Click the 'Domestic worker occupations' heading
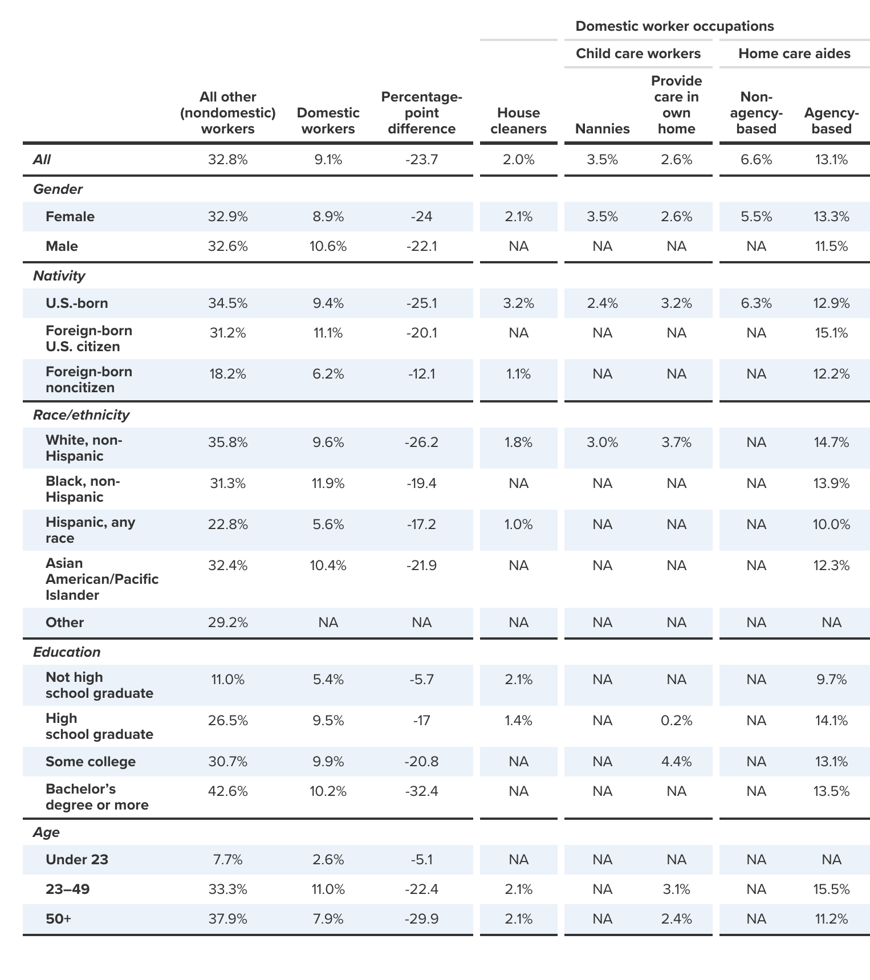click(674, 26)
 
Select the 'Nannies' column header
click(602, 129)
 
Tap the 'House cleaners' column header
click(518, 121)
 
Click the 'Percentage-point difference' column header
click(421, 113)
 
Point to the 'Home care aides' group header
click(794, 54)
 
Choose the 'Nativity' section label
click(59, 276)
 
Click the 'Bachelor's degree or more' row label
click(97, 797)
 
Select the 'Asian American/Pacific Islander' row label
click(101, 579)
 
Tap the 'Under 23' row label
click(77, 860)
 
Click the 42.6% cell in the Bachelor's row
click(227, 791)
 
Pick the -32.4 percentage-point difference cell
click(421, 791)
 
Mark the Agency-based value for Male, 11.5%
click(831, 246)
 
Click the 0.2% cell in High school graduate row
click(676, 721)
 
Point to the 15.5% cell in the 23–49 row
click(831, 889)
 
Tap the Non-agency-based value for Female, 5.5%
click(756, 217)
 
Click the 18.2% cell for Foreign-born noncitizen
click(227, 374)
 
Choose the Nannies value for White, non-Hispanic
click(602, 442)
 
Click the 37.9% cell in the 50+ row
click(227, 919)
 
